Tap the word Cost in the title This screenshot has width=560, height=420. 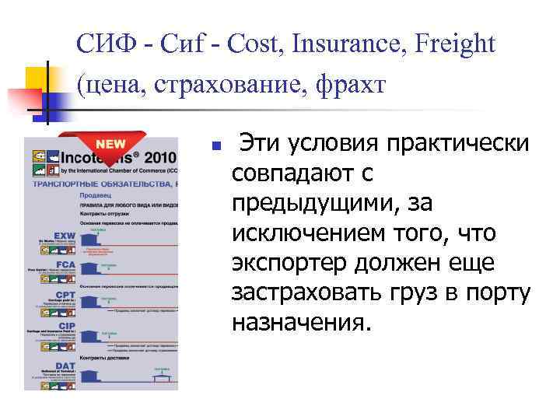pos(257,44)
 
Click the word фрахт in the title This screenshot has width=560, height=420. pos(348,84)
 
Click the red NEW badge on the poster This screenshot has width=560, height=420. pos(110,144)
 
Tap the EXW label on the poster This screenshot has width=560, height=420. pos(64,234)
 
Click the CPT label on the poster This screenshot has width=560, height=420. pos(65,295)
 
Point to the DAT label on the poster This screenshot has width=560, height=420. pos(65,363)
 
